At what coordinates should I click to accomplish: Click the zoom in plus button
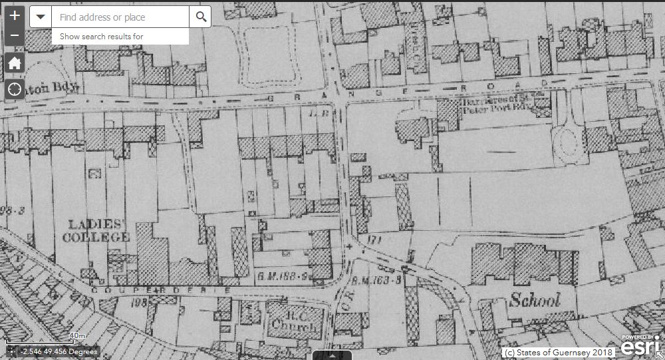point(15,15)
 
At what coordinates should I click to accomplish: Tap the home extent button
point(15,63)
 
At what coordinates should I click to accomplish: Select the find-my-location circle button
point(15,89)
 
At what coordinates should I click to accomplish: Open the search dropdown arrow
point(41,17)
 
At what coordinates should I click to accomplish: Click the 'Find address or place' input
point(120,17)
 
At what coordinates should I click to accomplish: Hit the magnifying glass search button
point(199,17)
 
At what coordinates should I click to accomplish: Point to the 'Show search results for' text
point(101,36)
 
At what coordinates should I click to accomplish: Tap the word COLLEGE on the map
point(96,237)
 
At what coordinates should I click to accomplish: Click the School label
point(535,300)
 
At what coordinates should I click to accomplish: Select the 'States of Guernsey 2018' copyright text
point(559,352)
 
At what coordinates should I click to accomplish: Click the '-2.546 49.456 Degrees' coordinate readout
point(59,351)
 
